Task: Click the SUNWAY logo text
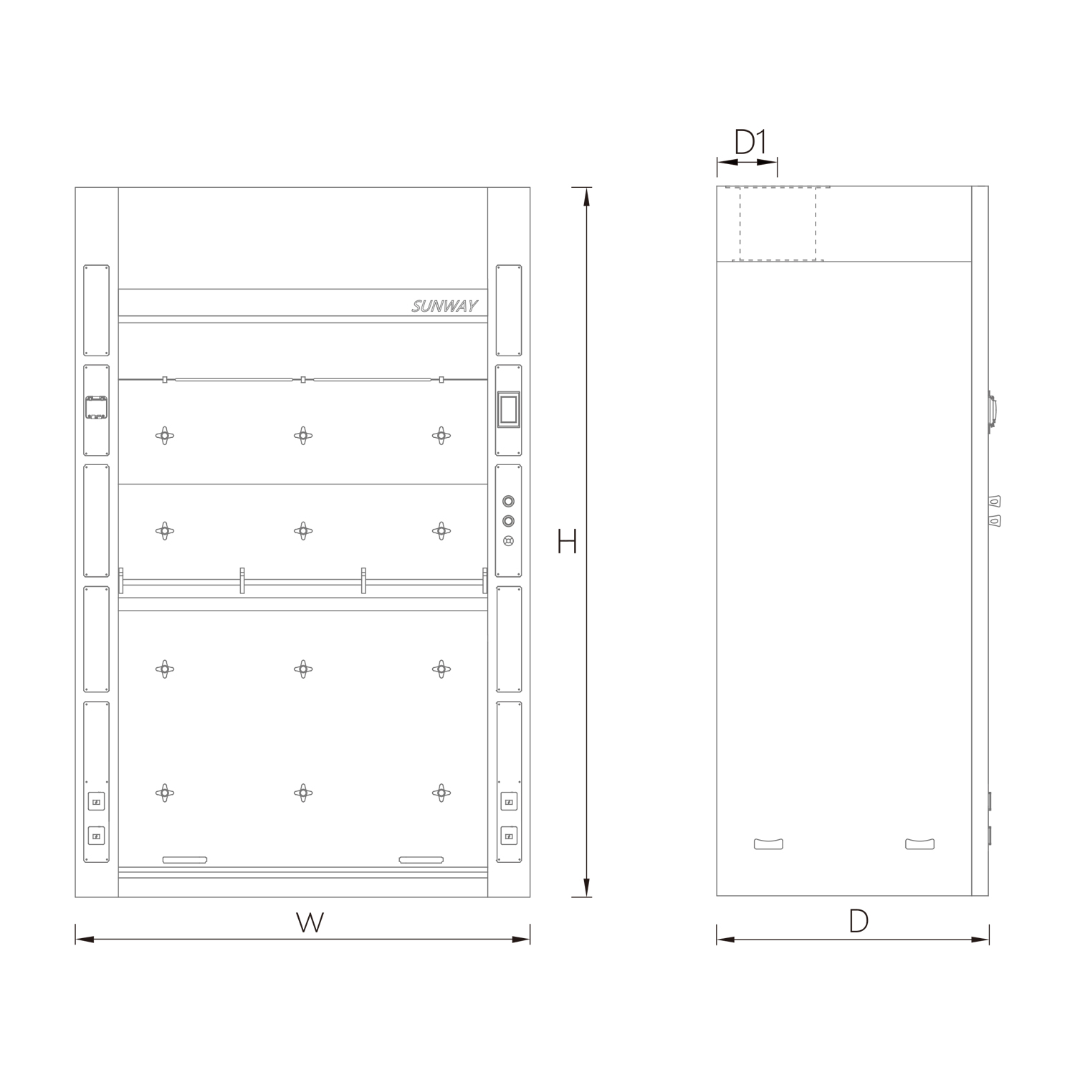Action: [x=444, y=307]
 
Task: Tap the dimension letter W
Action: [x=310, y=922]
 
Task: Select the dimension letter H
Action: [x=567, y=542]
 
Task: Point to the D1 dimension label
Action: [x=751, y=142]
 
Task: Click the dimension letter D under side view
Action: [x=859, y=921]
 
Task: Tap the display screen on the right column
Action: [x=508, y=410]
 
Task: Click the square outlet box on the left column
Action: [x=96, y=408]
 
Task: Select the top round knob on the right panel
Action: [x=508, y=501]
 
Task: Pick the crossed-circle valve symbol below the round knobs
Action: [x=508, y=541]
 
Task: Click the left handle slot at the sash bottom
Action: [x=185, y=859]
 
